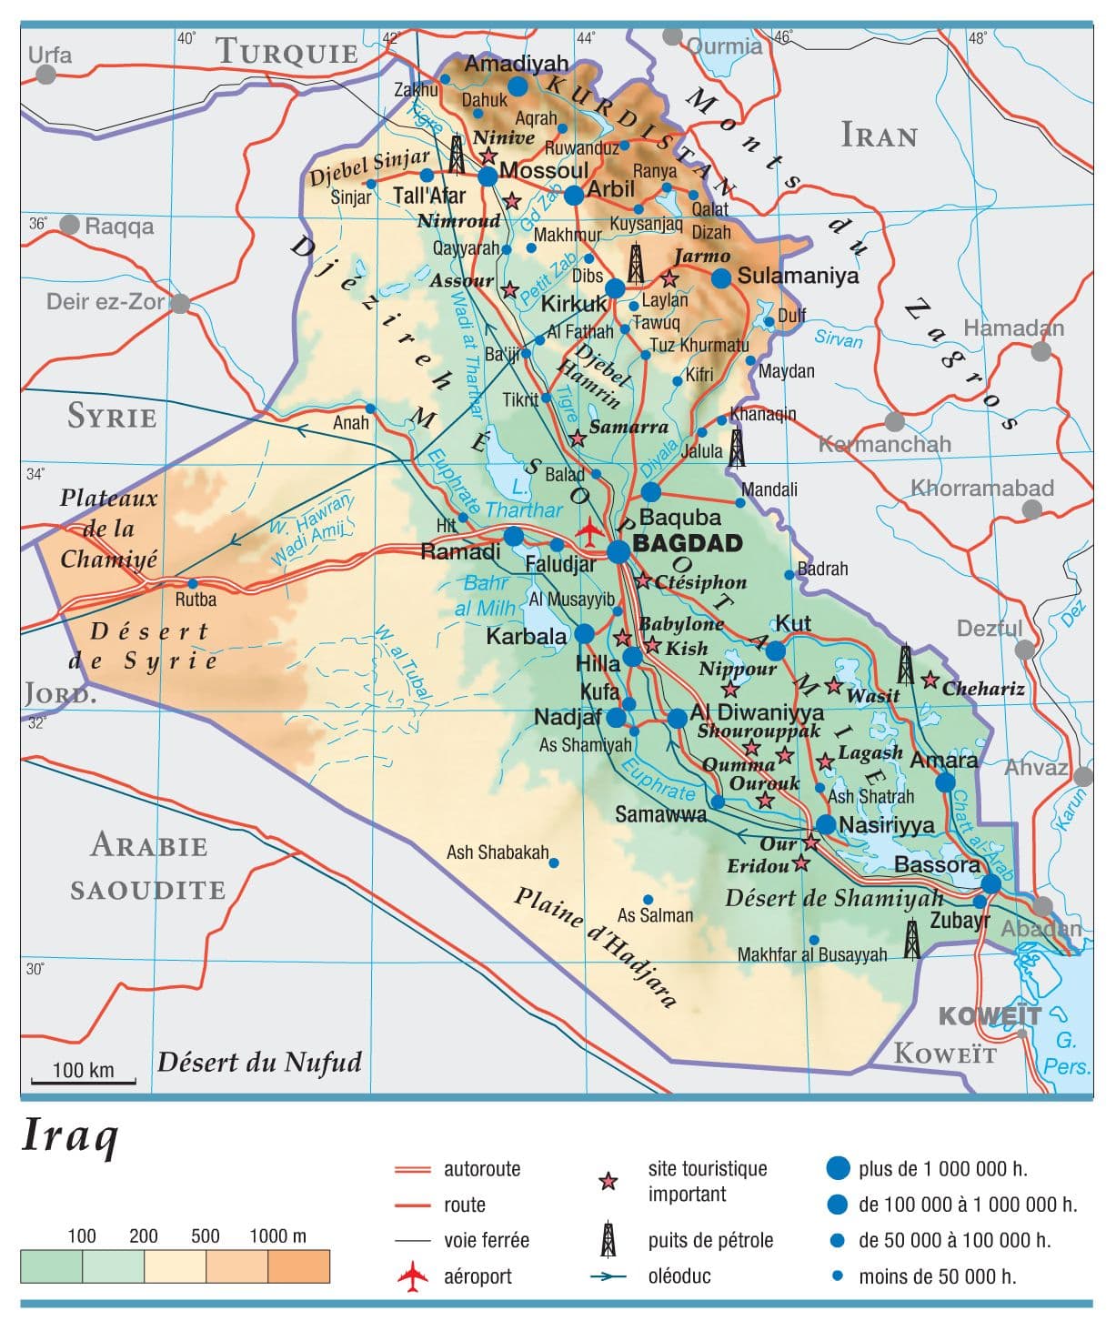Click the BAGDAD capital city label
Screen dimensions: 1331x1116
[x=687, y=544]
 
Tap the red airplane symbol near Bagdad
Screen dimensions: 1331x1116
[x=590, y=529]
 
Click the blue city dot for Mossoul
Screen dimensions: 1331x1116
[x=488, y=176]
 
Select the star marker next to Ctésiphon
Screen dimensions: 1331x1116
[x=643, y=580]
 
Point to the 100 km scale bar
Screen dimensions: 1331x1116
[x=83, y=1081]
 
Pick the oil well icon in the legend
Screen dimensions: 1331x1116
[x=608, y=1239]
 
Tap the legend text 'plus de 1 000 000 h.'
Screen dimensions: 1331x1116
[x=942, y=1168]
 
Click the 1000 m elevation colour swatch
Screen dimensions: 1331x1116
[x=298, y=1266]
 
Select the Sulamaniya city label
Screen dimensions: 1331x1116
[x=798, y=276]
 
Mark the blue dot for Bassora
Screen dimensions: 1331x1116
[x=990, y=883]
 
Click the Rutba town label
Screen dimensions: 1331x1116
[x=196, y=600]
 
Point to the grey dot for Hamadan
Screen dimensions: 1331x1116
[x=1041, y=351]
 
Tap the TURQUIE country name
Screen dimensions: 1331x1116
[x=287, y=53]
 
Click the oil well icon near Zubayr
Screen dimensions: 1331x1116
[x=911, y=940]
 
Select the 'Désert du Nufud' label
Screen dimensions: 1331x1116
[x=259, y=1062]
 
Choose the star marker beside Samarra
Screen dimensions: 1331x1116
[x=577, y=439]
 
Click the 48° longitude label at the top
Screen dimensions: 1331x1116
[x=977, y=38]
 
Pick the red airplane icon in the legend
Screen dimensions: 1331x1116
[x=413, y=1276]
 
